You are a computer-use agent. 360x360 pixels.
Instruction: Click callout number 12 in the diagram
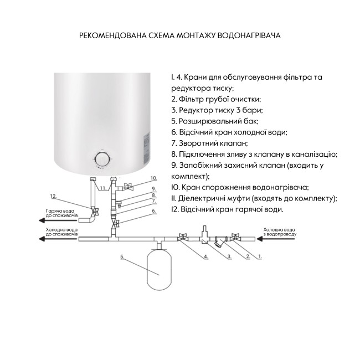pyautogui.click(x=54, y=196)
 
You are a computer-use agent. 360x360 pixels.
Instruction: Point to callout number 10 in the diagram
pyautogui.click(x=154, y=178)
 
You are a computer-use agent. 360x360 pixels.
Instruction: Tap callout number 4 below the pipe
pyautogui.click(x=205, y=257)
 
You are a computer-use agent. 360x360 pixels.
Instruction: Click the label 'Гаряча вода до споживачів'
pyautogui.click(x=61, y=214)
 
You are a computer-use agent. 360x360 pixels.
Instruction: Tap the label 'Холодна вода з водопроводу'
pyautogui.click(x=280, y=232)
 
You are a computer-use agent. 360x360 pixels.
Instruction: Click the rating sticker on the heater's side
pyautogui.click(x=147, y=145)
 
